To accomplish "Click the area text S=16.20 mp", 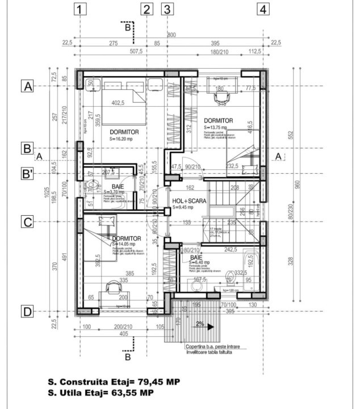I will pyautogui.click(x=125, y=139).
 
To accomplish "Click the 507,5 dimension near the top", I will pyautogui.click(x=136, y=51).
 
